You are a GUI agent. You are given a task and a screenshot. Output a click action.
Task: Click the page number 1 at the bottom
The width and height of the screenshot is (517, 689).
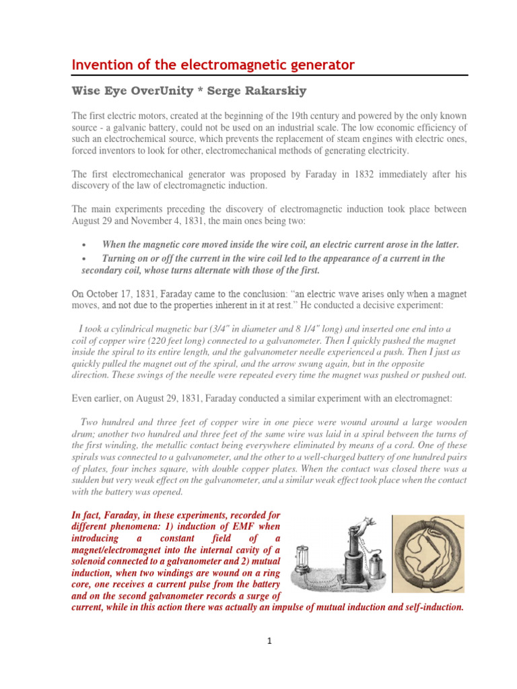268,641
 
